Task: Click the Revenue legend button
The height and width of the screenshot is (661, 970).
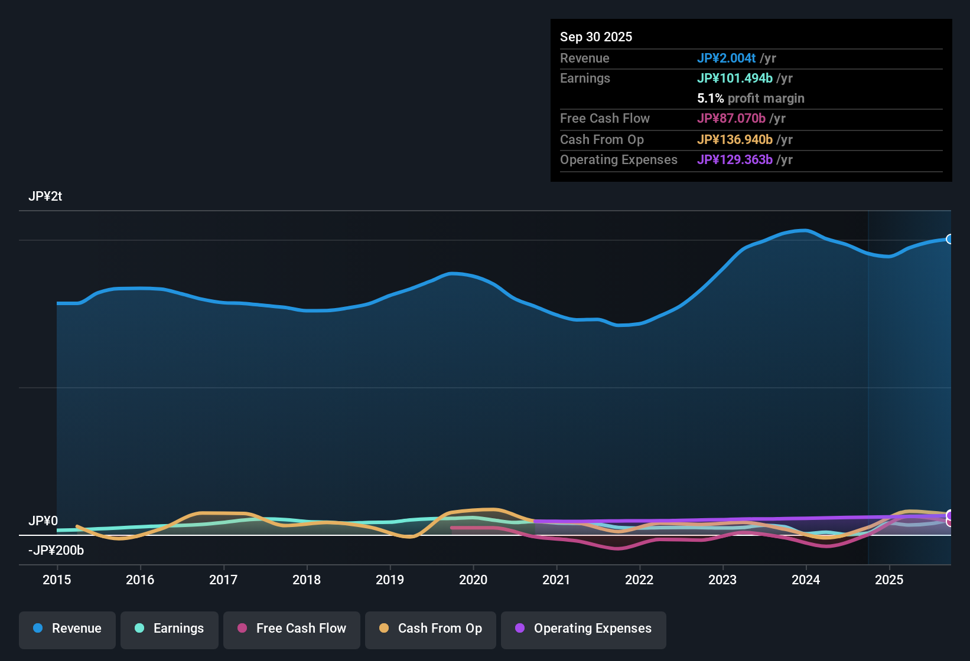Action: pos(67,629)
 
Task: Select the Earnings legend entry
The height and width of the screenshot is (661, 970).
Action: pos(170,629)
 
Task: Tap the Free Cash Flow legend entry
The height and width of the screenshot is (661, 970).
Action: pos(292,629)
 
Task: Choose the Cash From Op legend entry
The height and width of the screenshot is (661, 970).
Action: pos(431,629)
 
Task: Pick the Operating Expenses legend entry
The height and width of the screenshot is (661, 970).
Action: pos(584,629)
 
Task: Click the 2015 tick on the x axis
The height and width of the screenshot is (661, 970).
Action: pos(57,580)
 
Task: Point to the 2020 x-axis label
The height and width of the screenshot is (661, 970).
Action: pos(473,580)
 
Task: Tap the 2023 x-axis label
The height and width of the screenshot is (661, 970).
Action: pos(722,580)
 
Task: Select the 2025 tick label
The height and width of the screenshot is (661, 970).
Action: pos(889,580)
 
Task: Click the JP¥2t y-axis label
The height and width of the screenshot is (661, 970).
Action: pos(45,197)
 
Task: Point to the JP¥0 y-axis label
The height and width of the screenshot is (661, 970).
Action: pos(43,521)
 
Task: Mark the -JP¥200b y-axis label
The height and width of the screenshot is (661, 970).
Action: pos(56,551)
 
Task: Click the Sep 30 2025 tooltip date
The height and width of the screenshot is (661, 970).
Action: pos(595,37)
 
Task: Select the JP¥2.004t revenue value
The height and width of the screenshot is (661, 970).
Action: pos(726,58)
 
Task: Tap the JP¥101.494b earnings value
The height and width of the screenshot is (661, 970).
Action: pos(734,78)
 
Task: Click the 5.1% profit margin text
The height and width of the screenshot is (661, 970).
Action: pos(750,98)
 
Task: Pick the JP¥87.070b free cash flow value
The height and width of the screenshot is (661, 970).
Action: pos(731,118)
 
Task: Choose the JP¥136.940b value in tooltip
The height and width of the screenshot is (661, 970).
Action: pos(734,139)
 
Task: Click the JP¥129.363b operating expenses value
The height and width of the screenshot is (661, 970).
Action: pos(734,159)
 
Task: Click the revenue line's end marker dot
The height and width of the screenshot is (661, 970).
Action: pos(950,239)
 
